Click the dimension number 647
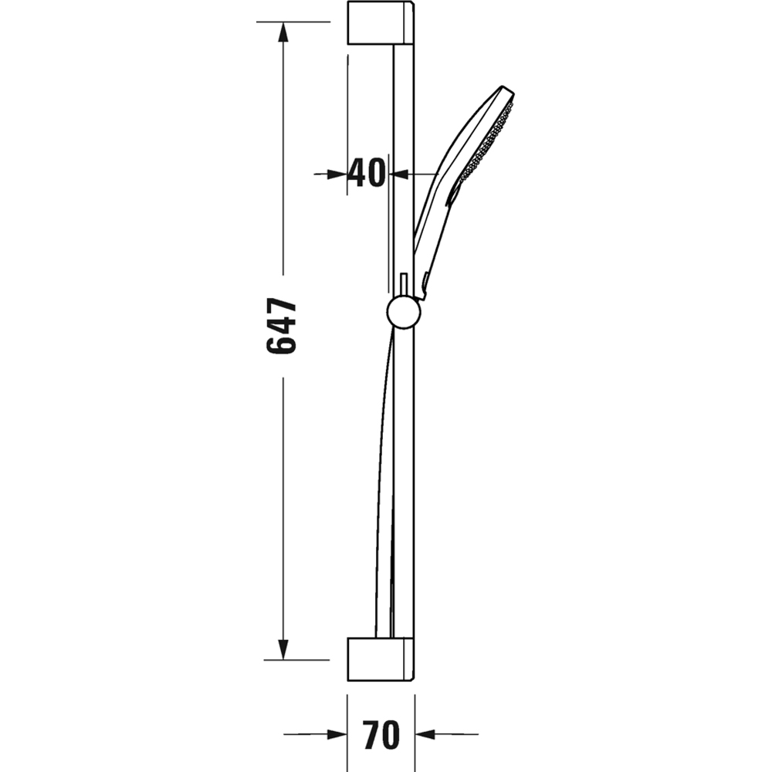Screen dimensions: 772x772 coord(282,327)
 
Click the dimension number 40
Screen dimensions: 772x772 coord(366,173)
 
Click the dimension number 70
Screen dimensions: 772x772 coord(381,734)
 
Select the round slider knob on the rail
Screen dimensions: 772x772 coord(403,312)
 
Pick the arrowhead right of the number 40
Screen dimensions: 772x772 coord(398,174)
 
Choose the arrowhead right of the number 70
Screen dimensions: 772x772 coord(427,735)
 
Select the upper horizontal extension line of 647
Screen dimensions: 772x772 coord(293,22)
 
